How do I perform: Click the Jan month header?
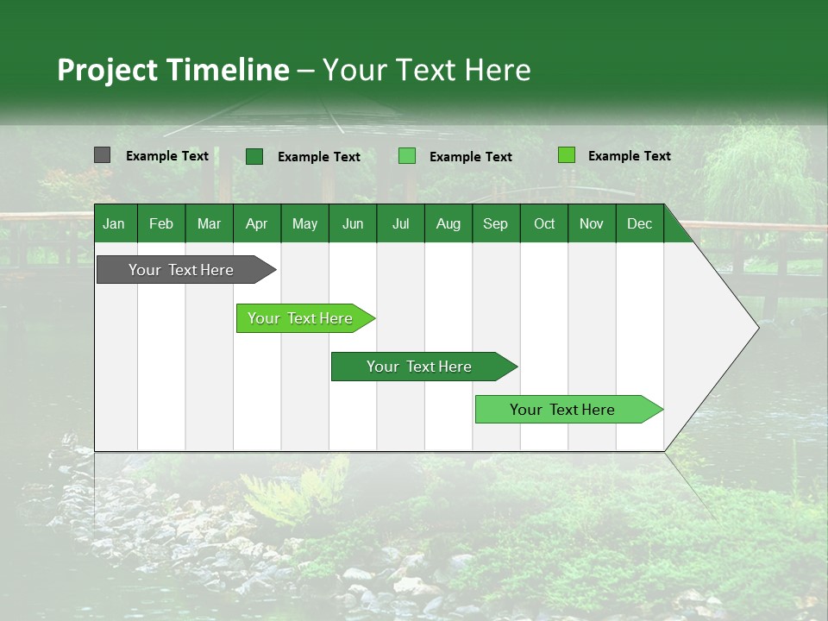click(x=114, y=223)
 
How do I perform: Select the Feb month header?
click(x=161, y=223)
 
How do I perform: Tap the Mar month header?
click(x=209, y=223)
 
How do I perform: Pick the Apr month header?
click(x=256, y=223)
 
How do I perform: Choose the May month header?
click(x=304, y=223)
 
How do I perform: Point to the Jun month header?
click(x=353, y=223)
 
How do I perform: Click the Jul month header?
click(x=400, y=223)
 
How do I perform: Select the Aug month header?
click(x=448, y=223)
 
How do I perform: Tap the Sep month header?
click(x=495, y=223)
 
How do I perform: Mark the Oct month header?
click(x=544, y=223)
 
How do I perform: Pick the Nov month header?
click(x=592, y=223)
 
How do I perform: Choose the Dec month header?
click(x=639, y=223)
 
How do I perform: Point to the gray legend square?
click(x=102, y=155)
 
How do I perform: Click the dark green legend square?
click(x=254, y=156)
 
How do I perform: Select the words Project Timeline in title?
click(x=172, y=70)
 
